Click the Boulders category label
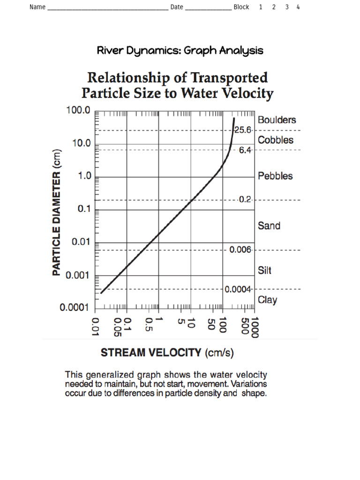coord(277,120)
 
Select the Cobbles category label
coord(276,140)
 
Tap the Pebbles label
coord(275,176)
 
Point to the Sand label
coord(269,226)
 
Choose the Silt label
coord(264,270)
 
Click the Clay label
coord(267,300)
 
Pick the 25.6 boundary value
coord(243,130)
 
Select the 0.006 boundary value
coord(240,250)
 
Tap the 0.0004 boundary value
coord(238,289)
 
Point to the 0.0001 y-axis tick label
coord(75,308)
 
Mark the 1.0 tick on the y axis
coord(82,177)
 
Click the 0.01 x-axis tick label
coord(96,326)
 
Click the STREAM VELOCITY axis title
coord(151,352)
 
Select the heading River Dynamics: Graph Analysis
coord(180,51)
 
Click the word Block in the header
coord(241,7)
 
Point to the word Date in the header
coord(177,7)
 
